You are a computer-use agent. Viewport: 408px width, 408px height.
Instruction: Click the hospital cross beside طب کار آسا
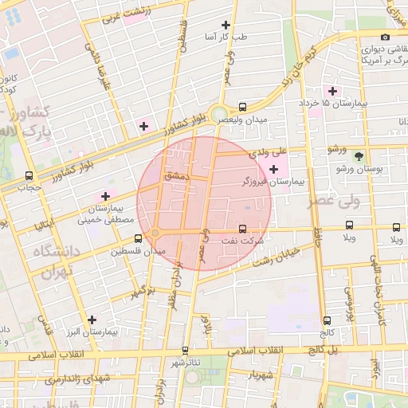coord(226,25)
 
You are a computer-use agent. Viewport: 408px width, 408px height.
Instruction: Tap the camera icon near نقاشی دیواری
coord(385,37)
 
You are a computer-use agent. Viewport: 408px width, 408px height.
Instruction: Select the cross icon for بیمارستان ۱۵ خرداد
coord(332,91)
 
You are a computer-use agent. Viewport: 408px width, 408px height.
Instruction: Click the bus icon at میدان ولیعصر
coord(242,107)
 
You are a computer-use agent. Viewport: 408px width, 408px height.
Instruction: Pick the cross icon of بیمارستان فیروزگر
coord(274,169)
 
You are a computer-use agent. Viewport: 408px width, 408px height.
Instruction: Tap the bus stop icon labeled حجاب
coord(29,176)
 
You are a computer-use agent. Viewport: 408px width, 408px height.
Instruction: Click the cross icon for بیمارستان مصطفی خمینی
coord(105,196)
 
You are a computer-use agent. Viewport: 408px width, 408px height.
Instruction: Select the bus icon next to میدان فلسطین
coord(139,237)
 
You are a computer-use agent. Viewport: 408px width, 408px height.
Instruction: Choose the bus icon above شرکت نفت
coord(242,228)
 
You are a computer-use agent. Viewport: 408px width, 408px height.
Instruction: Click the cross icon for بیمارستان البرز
coord(92,320)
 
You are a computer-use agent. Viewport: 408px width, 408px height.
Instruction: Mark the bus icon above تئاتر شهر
coord(185,350)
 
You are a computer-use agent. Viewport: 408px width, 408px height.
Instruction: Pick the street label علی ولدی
coord(268,151)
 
